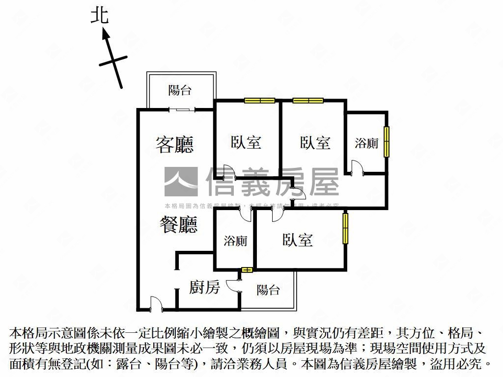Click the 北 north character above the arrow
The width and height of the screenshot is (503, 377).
(x=99, y=16)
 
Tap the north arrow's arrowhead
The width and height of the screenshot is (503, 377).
(x=105, y=34)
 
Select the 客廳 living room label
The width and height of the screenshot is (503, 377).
(x=174, y=144)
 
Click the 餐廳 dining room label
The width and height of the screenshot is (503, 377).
(x=178, y=224)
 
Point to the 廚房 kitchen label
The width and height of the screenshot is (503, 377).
(x=204, y=287)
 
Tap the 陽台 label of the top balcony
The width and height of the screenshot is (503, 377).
(x=180, y=90)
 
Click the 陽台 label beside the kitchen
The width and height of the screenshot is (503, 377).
(x=268, y=290)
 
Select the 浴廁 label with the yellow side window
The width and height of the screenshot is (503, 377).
(x=366, y=143)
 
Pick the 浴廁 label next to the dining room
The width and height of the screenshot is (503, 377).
(x=235, y=241)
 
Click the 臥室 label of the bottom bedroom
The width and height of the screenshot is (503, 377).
(x=298, y=240)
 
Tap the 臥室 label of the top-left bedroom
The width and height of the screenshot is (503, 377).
(x=246, y=142)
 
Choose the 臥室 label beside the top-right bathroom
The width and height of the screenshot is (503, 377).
(x=315, y=142)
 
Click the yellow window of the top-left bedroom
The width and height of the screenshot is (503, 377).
(x=259, y=101)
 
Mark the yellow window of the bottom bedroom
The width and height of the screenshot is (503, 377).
(x=345, y=228)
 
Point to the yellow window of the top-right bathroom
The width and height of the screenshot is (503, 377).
(x=387, y=142)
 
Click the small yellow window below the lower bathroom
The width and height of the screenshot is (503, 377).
(x=247, y=269)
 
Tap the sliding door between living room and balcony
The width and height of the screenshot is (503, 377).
(x=182, y=109)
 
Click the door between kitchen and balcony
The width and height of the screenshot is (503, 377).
(x=236, y=286)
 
